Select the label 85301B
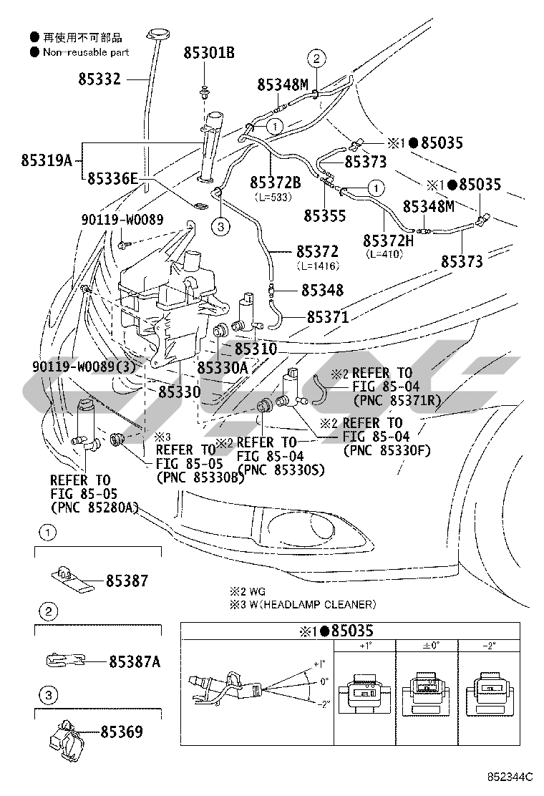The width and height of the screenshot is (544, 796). pyautogui.click(x=209, y=52)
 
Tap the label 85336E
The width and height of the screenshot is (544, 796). pyautogui.click(x=112, y=179)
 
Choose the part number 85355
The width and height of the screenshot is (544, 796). pyautogui.click(x=324, y=215)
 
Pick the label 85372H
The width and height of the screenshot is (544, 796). pyautogui.click(x=388, y=241)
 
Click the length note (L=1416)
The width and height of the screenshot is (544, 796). pyautogui.click(x=317, y=266)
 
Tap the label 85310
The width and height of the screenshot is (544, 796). pyautogui.click(x=256, y=350)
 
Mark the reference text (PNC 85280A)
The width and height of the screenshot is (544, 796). pyautogui.click(x=94, y=507)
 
